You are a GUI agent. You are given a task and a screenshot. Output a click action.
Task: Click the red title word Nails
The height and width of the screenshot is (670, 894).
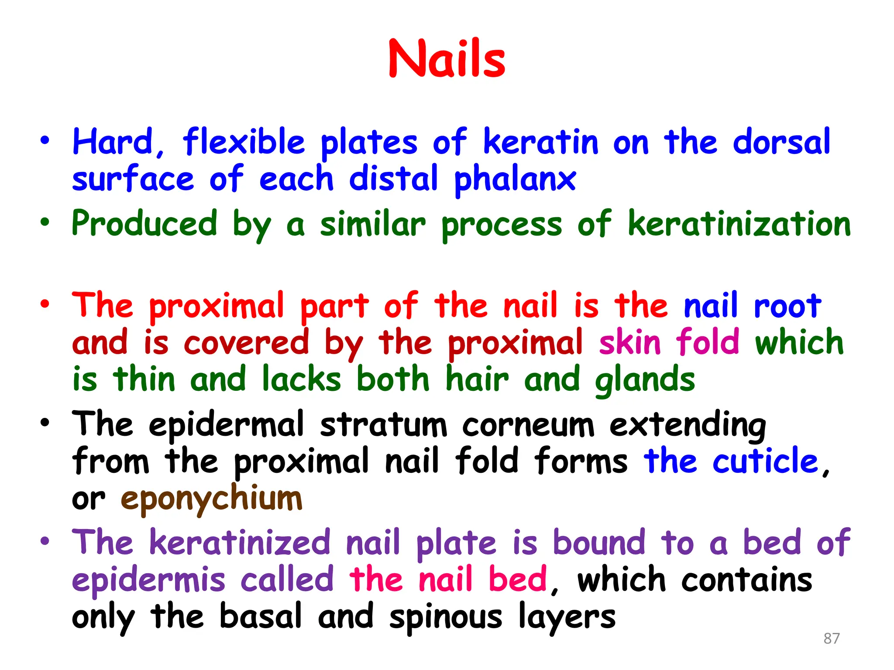pyautogui.click(x=447, y=59)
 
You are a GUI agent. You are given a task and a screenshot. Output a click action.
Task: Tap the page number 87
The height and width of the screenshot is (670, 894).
pyautogui.click(x=831, y=638)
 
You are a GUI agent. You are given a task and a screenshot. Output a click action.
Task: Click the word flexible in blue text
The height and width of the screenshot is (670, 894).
pyautogui.click(x=244, y=142)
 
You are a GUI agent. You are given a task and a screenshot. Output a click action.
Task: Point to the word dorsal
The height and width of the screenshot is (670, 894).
pyautogui.click(x=781, y=142)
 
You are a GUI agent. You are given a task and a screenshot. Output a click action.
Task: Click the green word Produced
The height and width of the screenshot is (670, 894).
pyautogui.click(x=144, y=223)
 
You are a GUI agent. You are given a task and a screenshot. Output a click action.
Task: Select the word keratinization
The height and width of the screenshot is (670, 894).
pyautogui.click(x=739, y=223)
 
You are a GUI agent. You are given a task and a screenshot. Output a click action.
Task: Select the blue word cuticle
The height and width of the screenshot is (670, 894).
pyautogui.click(x=765, y=461)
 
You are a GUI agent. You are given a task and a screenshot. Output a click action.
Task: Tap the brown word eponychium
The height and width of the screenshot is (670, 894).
pyautogui.click(x=211, y=499)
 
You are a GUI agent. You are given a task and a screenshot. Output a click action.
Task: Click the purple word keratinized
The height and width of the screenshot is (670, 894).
pyautogui.click(x=240, y=543)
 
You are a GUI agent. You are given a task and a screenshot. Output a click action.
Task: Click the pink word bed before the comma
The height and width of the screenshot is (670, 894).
pyautogui.click(x=517, y=580)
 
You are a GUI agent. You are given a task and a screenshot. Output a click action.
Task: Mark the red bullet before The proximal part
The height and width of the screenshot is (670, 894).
pyautogui.click(x=45, y=304)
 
